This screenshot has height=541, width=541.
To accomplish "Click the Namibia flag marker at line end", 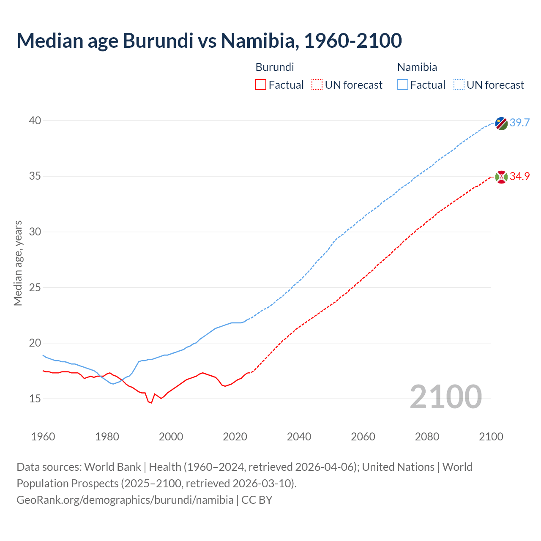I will (x=501, y=123).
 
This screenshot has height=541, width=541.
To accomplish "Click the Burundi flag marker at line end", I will (x=501, y=177).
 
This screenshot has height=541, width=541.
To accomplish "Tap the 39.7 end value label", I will (x=519, y=123).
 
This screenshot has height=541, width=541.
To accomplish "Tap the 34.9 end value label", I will (x=519, y=176).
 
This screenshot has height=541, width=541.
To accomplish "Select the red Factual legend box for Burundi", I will (x=261, y=85).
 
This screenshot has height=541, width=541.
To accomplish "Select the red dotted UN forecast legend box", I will (x=317, y=85).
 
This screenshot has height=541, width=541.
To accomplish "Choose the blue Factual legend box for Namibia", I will (x=403, y=85).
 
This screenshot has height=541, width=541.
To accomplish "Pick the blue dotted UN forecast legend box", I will (x=459, y=85).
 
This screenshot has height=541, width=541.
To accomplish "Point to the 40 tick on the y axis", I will (x=35, y=121).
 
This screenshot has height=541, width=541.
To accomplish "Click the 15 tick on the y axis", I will (x=35, y=399).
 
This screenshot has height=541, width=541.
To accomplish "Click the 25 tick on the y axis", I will (x=35, y=287).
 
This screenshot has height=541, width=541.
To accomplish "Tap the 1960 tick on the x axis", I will (x=43, y=437).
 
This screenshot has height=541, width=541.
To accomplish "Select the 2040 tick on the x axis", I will (x=299, y=437).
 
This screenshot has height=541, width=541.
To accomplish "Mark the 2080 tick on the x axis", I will (x=427, y=437).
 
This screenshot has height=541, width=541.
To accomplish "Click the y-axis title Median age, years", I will (x=18, y=263).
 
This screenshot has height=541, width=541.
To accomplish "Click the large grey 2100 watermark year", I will (x=445, y=397).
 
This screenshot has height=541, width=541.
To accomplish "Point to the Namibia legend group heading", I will (x=417, y=67).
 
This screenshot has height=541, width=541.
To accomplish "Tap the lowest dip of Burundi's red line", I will (x=151, y=403).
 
